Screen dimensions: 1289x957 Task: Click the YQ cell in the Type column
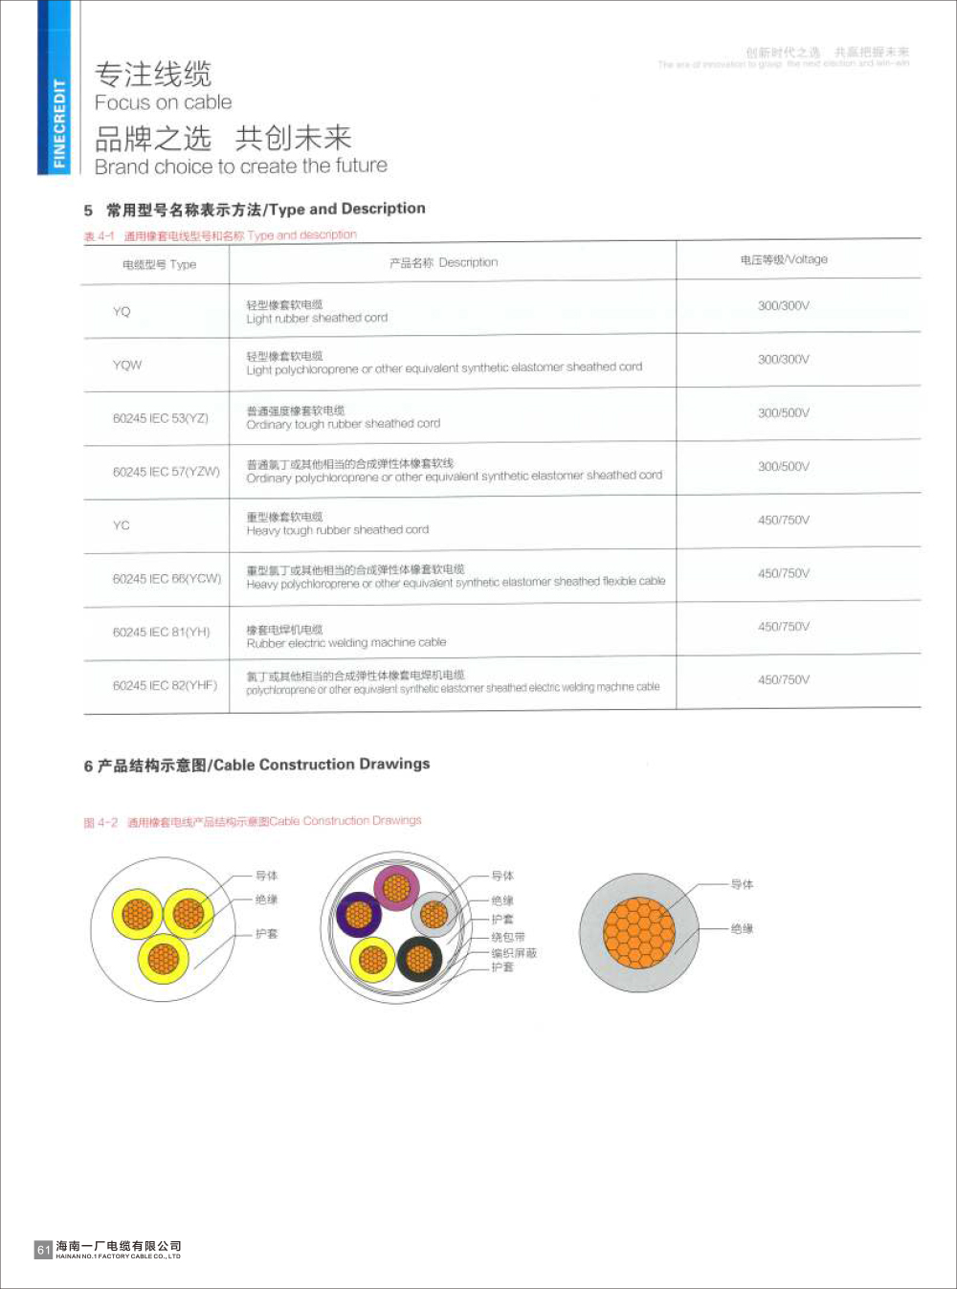(x=122, y=311)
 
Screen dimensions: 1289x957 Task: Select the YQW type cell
(x=126, y=365)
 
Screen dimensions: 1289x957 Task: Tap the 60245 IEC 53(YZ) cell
(x=160, y=418)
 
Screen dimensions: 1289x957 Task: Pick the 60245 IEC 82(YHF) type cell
(x=165, y=685)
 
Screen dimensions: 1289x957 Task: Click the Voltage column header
(x=783, y=259)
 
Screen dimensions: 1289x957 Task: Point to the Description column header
(x=443, y=262)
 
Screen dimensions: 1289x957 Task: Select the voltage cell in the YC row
(x=783, y=520)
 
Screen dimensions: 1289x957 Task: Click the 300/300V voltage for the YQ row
(x=783, y=305)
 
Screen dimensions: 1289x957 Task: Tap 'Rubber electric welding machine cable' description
(x=346, y=643)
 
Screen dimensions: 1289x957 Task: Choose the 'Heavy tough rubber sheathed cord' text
(x=338, y=530)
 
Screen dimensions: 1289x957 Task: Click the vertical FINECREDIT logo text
(x=59, y=124)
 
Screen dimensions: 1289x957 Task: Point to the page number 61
(x=43, y=1250)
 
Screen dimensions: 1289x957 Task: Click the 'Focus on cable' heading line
(x=163, y=102)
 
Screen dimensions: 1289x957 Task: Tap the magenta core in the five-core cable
(x=396, y=887)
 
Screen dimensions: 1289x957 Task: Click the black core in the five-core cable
(x=419, y=958)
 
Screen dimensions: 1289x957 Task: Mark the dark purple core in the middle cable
(x=360, y=915)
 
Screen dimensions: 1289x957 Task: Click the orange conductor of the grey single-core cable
(x=639, y=932)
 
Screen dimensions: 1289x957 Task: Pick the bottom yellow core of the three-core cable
(x=164, y=958)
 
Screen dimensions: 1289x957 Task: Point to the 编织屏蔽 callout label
(x=514, y=953)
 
